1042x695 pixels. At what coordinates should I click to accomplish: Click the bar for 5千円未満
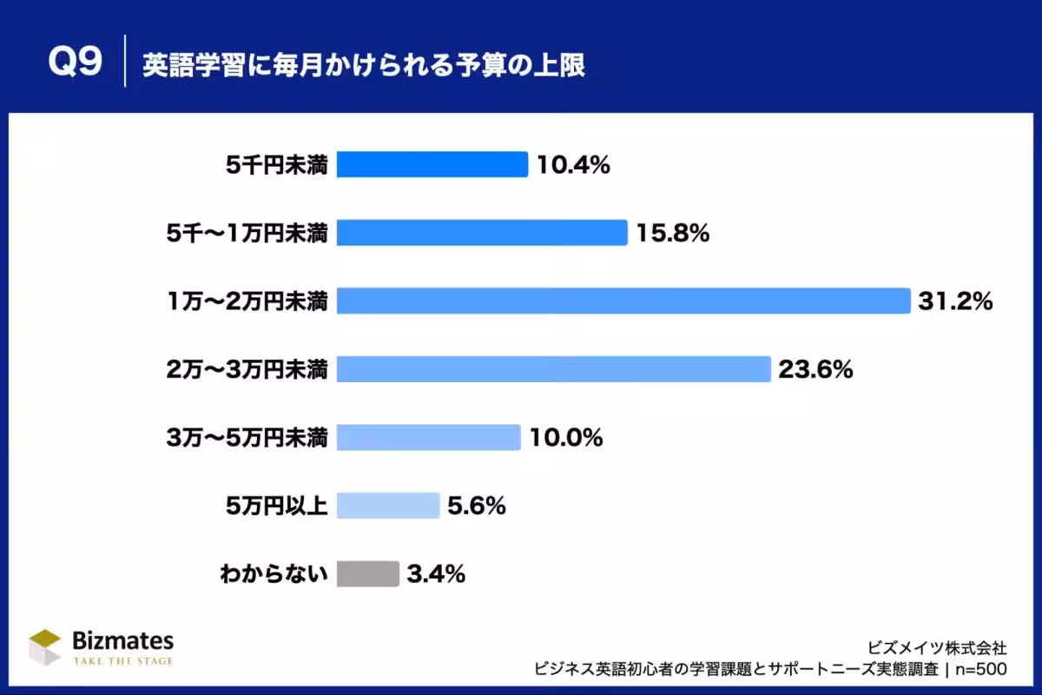(x=432, y=164)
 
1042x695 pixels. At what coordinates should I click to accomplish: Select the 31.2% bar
(x=623, y=301)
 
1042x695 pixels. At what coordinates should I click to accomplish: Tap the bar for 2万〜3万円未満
(x=553, y=369)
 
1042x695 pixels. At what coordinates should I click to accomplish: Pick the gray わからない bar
(x=367, y=573)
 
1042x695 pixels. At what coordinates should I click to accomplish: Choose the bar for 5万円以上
(x=388, y=506)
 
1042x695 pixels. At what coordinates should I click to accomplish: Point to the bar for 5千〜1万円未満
(x=481, y=233)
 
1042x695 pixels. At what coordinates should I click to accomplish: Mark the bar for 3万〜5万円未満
(x=428, y=437)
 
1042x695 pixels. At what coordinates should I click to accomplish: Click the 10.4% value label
(x=573, y=164)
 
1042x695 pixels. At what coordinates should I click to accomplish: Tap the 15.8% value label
(x=673, y=233)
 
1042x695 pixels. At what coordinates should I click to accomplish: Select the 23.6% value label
(x=815, y=369)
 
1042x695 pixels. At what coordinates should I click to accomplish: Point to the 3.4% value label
(x=436, y=573)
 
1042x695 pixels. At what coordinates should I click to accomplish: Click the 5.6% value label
(x=477, y=506)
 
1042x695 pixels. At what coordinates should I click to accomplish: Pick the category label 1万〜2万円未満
(x=247, y=301)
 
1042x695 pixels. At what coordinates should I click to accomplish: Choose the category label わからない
(x=274, y=573)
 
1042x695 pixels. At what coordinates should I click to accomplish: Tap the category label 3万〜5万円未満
(x=247, y=438)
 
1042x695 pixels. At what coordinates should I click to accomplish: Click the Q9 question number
(x=75, y=63)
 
